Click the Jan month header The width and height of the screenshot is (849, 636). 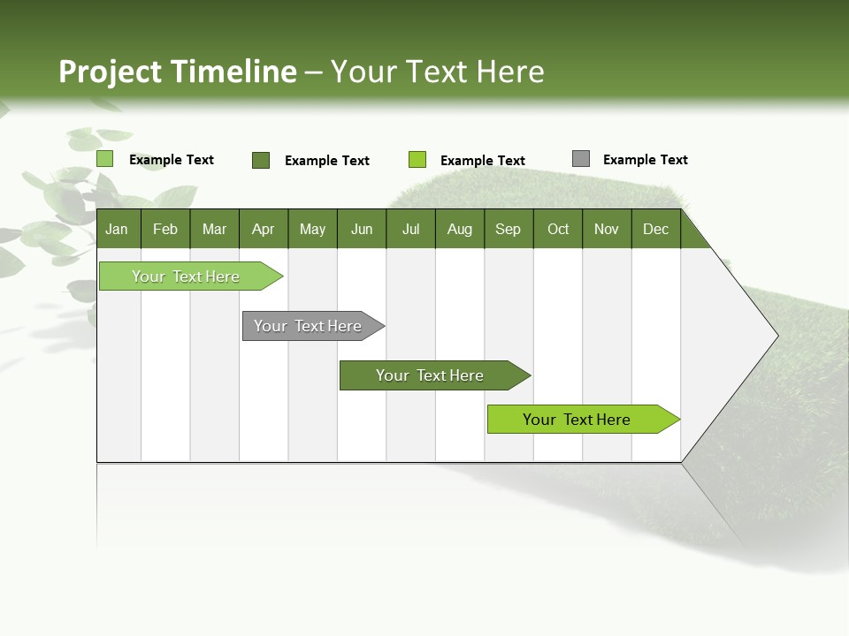[117, 230]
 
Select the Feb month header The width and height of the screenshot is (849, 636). [165, 230]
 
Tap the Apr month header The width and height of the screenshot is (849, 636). [263, 230]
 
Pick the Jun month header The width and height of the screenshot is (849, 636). [362, 230]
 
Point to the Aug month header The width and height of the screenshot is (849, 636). [459, 230]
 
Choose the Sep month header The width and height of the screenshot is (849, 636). [508, 230]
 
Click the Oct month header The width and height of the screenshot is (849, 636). [558, 230]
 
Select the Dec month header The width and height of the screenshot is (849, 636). [655, 230]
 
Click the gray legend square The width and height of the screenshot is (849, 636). [580, 159]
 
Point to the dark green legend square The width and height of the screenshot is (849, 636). [261, 160]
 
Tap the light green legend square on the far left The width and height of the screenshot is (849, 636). [104, 159]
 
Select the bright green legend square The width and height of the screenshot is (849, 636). [417, 160]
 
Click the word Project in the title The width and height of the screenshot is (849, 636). [111, 72]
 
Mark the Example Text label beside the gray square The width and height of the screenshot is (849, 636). [645, 160]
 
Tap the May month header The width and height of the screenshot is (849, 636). [312, 230]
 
